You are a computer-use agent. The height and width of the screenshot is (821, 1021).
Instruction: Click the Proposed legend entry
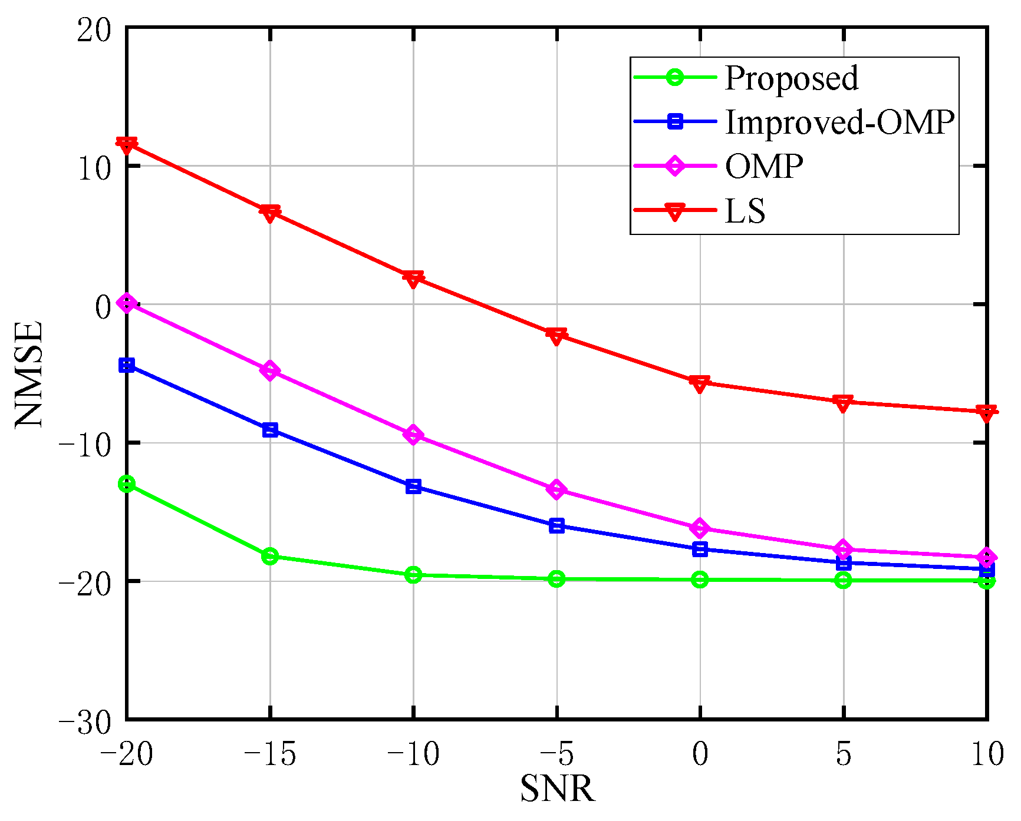[791, 78]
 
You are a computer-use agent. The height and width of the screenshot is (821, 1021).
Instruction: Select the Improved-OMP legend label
[839, 123]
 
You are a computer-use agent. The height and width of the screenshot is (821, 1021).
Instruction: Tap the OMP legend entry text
[764, 167]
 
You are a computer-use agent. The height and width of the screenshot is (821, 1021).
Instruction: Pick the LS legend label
[745, 211]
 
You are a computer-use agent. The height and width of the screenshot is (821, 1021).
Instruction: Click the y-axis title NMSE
[29, 373]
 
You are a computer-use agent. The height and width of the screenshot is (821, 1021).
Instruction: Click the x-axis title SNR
[558, 789]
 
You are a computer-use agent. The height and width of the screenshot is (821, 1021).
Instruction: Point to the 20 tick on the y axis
[94, 29]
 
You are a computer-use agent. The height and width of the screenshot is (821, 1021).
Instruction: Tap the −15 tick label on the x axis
[269, 754]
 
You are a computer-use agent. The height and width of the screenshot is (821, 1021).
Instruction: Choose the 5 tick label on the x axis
[844, 754]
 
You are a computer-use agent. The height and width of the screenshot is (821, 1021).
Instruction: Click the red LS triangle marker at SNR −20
[127, 144]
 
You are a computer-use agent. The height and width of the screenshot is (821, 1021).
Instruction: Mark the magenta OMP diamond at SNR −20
[127, 304]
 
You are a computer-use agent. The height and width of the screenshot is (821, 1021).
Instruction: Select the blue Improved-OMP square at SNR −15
[270, 430]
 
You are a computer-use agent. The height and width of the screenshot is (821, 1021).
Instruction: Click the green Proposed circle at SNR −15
[270, 556]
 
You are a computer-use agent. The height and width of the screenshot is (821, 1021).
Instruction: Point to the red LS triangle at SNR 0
[700, 384]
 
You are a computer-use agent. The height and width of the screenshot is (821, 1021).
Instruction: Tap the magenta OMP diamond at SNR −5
[556, 489]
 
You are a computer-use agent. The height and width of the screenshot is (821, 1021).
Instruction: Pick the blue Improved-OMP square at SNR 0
[700, 549]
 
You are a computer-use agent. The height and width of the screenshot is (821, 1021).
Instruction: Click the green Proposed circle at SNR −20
[127, 484]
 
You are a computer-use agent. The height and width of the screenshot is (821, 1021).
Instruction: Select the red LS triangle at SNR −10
[413, 278]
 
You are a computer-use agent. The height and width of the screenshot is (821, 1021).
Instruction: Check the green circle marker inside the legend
[674, 78]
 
